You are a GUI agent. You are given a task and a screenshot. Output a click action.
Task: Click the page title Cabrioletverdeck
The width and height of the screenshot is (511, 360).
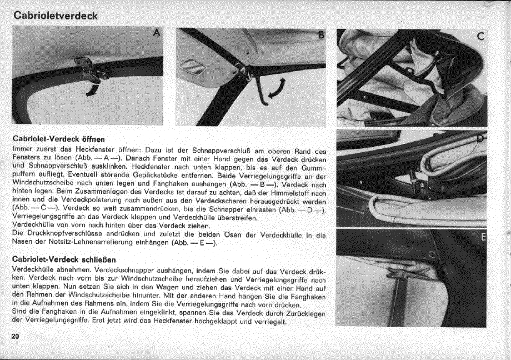pos(56,16)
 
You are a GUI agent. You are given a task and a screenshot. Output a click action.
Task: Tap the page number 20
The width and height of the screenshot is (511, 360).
pos(15,337)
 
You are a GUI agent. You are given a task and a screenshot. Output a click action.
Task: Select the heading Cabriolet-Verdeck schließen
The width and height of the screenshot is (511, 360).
pos(64,259)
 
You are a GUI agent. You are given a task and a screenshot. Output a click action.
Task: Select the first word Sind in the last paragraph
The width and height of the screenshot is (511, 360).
pos(18,313)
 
